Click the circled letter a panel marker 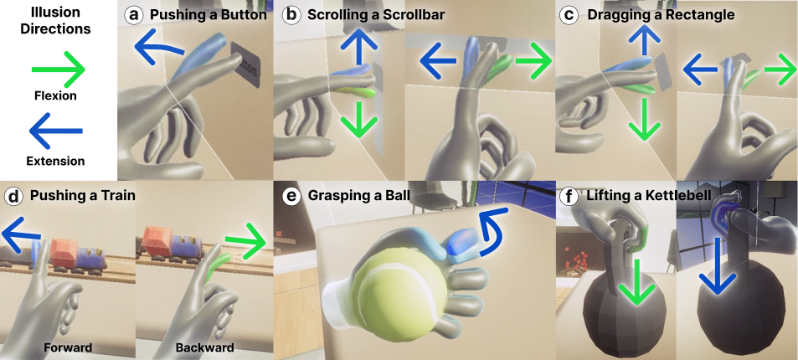134,15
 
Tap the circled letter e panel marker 292,197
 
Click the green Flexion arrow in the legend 58,69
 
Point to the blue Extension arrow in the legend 56,131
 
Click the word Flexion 55,95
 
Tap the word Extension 55,162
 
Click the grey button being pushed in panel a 245,64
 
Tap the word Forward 68,347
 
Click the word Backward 204,347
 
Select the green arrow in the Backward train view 245,240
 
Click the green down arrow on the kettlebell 636,284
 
